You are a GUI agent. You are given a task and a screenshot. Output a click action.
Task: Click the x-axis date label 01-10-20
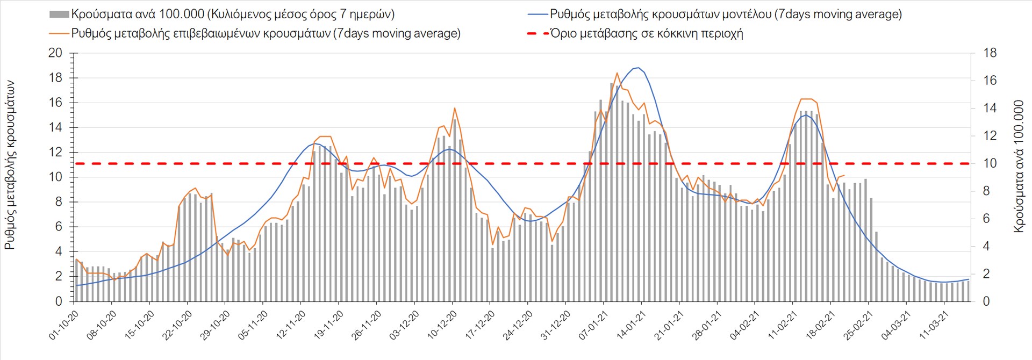point(64,325)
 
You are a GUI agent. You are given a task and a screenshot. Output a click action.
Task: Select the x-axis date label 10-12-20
point(442,325)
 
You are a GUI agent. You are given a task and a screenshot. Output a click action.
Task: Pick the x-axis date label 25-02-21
point(858,325)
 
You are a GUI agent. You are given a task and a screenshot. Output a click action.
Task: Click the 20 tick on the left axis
point(55,53)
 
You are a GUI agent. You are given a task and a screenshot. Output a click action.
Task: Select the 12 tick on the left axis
point(55,153)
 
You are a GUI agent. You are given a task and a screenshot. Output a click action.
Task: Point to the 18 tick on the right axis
point(990,53)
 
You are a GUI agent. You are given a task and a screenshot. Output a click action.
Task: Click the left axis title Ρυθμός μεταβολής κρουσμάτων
point(10,165)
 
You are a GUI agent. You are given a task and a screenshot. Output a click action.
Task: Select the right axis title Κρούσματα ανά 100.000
point(1018,166)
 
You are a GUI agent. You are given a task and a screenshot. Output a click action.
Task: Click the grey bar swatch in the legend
point(59,15)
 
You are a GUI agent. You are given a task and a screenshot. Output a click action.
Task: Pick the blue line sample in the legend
point(537,15)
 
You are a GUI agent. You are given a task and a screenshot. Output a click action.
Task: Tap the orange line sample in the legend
point(59,33)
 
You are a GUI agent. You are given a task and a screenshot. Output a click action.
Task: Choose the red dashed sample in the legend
point(537,33)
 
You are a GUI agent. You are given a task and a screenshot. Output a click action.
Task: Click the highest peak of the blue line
point(638,68)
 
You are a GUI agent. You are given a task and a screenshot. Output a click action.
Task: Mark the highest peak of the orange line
point(617,73)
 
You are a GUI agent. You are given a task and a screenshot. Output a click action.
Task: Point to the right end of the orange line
point(844,175)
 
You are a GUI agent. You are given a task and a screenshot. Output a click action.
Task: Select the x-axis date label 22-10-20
point(177,325)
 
